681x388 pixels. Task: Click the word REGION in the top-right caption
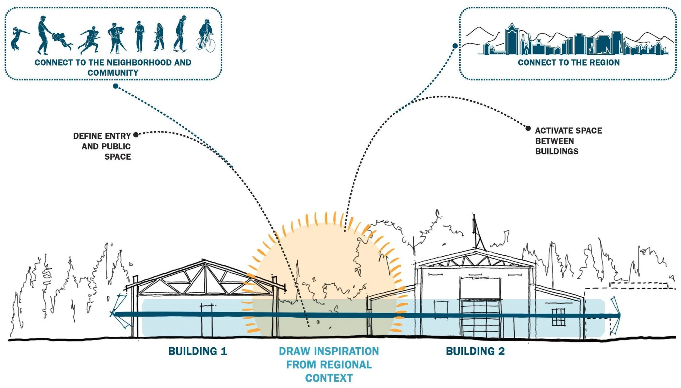pos(604,63)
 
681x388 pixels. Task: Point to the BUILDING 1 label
pos(198,351)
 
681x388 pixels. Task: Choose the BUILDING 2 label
pos(475,351)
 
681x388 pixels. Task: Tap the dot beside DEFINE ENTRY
pos(136,134)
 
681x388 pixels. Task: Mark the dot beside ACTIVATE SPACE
pos(528,128)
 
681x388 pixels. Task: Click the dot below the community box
pos(116,86)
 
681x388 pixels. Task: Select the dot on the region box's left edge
pos(455,46)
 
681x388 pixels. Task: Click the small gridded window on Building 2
pos(558,317)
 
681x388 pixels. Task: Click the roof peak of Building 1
pos(204,261)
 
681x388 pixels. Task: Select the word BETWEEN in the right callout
pos(555,141)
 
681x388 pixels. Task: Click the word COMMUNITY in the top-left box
pos(113,73)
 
